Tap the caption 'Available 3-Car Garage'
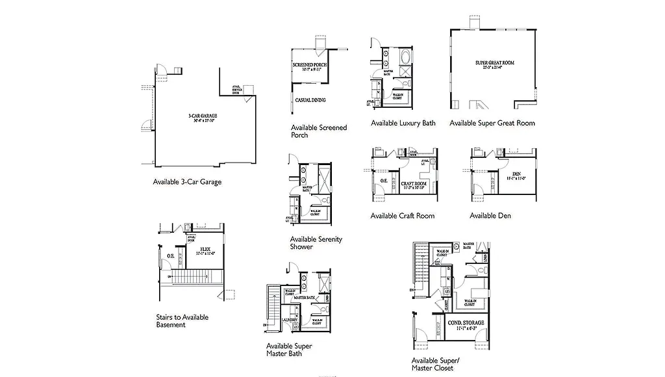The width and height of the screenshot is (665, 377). tap(187, 182)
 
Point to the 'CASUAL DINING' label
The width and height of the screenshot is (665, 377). tap(310, 100)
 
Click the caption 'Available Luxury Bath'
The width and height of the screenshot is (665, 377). tap(403, 123)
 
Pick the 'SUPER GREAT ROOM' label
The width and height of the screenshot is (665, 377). tap(494, 63)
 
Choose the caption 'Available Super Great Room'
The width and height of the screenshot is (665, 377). tap(492, 123)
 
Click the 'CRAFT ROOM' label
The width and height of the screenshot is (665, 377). tap(413, 184)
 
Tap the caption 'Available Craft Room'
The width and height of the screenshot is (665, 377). tap(402, 216)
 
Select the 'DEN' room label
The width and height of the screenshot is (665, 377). tap(516, 174)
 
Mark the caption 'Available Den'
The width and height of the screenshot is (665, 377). tap(490, 216)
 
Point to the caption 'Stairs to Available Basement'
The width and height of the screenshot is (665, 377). tap(182, 321)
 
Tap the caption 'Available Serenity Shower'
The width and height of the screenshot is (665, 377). tap(316, 243)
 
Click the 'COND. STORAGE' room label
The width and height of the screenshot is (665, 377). tap(466, 322)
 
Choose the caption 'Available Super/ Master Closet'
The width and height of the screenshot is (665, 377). tap(435, 364)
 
